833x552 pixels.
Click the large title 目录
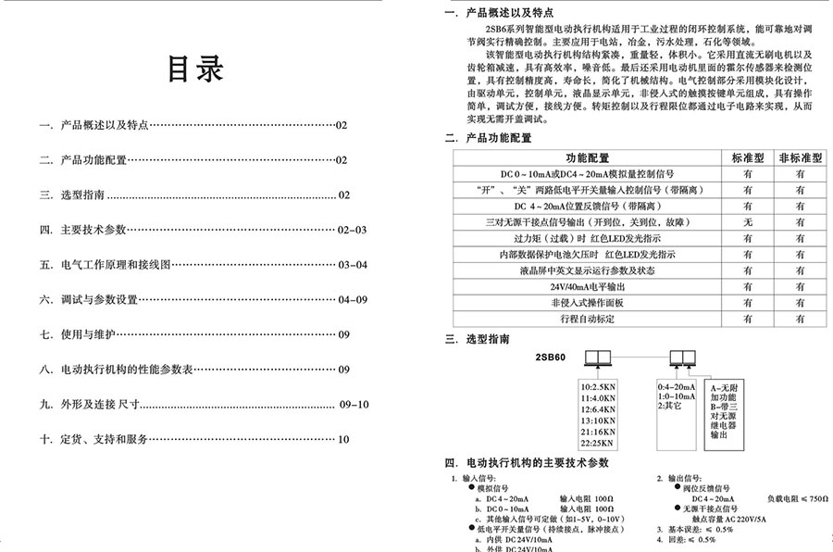coord(194,70)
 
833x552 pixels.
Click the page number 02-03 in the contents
coord(352,230)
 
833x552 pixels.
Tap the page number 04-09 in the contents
coord(353,299)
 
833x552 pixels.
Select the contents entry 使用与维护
coord(91,334)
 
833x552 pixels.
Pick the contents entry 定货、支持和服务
coord(104,439)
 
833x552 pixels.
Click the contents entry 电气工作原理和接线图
coord(116,265)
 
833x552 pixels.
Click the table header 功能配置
coord(588,158)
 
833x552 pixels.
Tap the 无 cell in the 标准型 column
coord(747,222)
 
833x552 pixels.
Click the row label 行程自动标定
coord(588,318)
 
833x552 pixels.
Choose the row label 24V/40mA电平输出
coord(588,286)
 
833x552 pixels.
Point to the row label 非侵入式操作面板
coord(588,302)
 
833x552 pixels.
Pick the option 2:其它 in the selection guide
coord(670,406)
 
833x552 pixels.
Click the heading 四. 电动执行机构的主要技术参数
coord(527,461)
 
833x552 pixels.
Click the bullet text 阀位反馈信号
coord(704,488)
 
